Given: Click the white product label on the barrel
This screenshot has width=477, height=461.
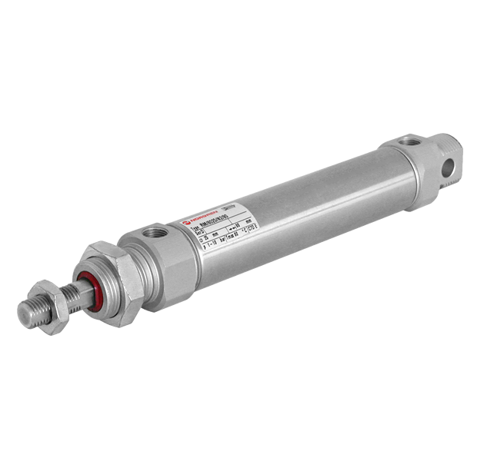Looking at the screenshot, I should click(223, 230).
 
